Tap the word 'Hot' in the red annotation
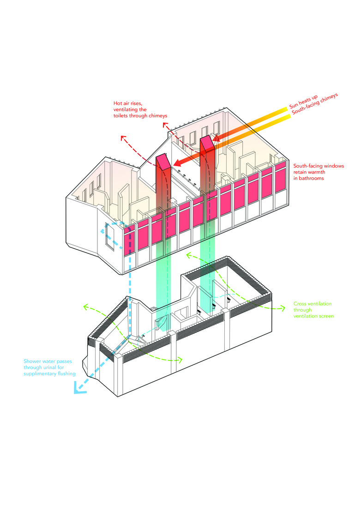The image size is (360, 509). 118,103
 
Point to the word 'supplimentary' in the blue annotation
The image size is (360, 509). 38,374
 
